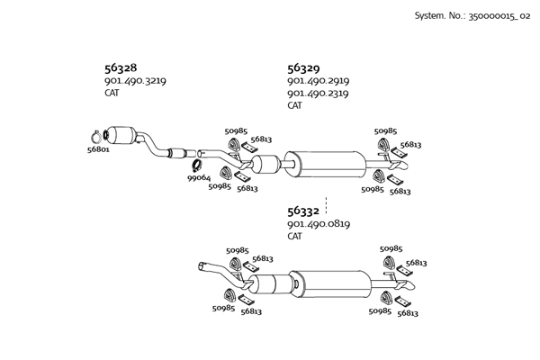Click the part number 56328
(x=121, y=67)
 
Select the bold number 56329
(x=303, y=67)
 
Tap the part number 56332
(x=303, y=211)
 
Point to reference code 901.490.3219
(x=135, y=81)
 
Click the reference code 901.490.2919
(x=318, y=81)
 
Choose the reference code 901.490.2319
(x=318, y=94)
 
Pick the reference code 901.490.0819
(x=318, y=224)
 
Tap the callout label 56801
(x=98, y=150)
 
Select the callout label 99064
(x=199, y=178)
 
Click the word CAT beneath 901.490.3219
(x=112, y=93)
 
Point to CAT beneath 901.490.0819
(x=294, y=237)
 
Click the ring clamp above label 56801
(x=99, y=136)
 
